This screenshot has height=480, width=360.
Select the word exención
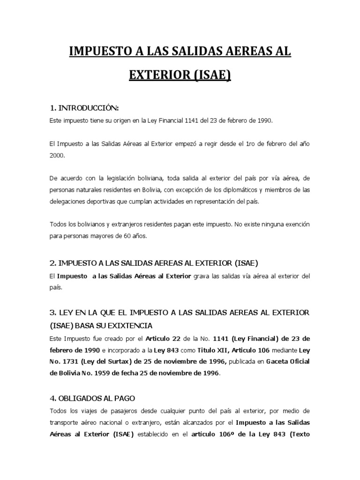point(294,225)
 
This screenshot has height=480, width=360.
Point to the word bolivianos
point(82,225)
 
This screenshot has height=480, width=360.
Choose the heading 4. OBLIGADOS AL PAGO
point(92,398)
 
